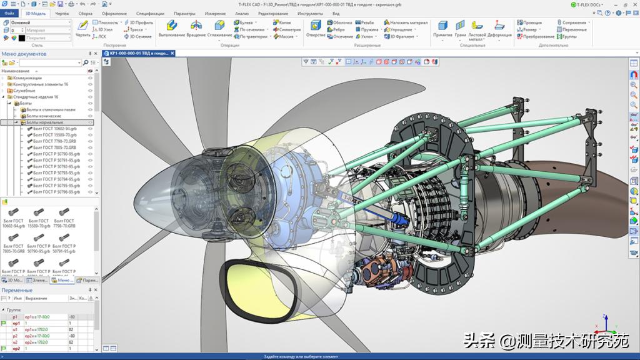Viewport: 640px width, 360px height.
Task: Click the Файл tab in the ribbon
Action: pyautogui.click(x=9, y=13)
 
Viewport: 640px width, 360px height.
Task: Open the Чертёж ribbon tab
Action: pyautogui.click(x=62, y=13)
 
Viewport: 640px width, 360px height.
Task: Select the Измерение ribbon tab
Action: pyautogui.click(x=215, y=13)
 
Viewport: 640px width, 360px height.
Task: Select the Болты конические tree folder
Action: pyautogui.click(x=43, y=116)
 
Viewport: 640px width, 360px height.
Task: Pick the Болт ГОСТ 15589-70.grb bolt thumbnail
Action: pyautogui.click(x=39, y=218)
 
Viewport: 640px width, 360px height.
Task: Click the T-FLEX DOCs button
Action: pyautogui.click(x=588, y=4)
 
